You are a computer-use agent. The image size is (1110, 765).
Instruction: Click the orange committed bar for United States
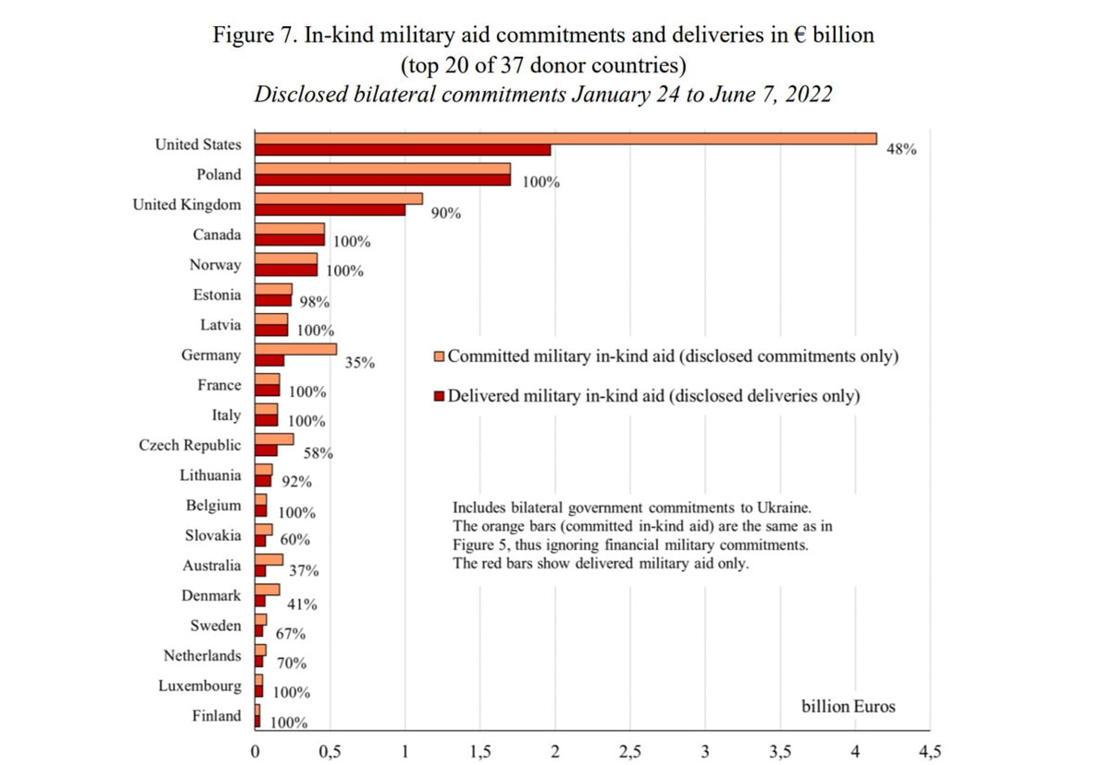[x=565, y=139]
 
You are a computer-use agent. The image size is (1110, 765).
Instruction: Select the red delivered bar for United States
[x=403, y=150]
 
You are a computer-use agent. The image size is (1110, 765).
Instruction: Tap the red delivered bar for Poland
[x=383, y=180]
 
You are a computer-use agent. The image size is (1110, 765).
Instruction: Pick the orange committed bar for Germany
[x=295, y=349]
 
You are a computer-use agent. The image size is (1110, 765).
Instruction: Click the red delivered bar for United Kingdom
[x=330, y=210]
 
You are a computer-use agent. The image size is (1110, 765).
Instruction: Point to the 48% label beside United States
[x=901, y=149]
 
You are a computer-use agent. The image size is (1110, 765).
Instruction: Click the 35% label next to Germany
[x=360, y=363]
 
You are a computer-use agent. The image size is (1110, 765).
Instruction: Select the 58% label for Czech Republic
[x=318, y=453]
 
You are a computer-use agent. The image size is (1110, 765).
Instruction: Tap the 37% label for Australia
[x=304, y=571]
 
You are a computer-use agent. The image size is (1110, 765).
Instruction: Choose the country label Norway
[x=215, y=265]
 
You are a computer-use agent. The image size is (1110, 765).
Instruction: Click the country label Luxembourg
[x=199, y=686]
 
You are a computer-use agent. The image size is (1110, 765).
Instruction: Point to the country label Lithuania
[x=210, y=475]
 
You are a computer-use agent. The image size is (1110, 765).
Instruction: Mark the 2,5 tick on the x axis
[x=630, y=751]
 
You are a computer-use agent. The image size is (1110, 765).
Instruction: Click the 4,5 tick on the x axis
[x=930, y=751]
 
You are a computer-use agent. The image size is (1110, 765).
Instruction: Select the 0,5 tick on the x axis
[x=330, y=751]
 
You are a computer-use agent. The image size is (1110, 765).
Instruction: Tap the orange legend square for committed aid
[x=439, y=356]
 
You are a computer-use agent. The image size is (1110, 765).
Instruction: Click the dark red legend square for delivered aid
[x=439, y=396]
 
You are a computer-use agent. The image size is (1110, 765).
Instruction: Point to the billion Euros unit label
[x=848, y=706]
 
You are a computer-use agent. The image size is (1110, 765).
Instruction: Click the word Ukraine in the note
[x=784, y=508]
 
